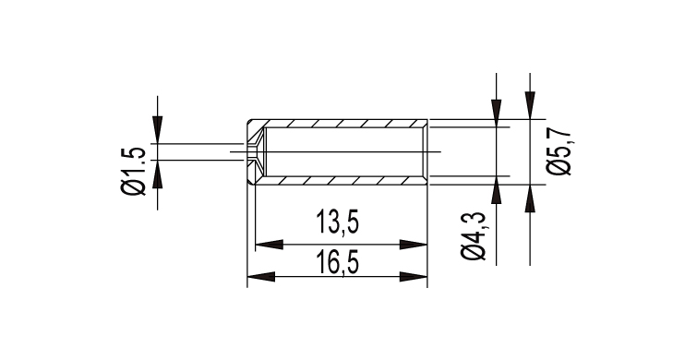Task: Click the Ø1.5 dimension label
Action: coord(133,171)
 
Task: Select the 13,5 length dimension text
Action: coord(337,222)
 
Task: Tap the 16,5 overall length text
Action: coord(337,263)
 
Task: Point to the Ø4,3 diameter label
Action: coord(475,236)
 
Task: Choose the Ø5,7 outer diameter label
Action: coord(559,151)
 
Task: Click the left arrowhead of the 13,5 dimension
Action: coord(269,245)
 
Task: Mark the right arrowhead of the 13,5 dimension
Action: coord(414,245)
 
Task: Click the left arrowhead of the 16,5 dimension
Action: coord(261,277)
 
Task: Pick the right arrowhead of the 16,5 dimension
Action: coord(414,277)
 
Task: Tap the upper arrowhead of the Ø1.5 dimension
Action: coord(157,130)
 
